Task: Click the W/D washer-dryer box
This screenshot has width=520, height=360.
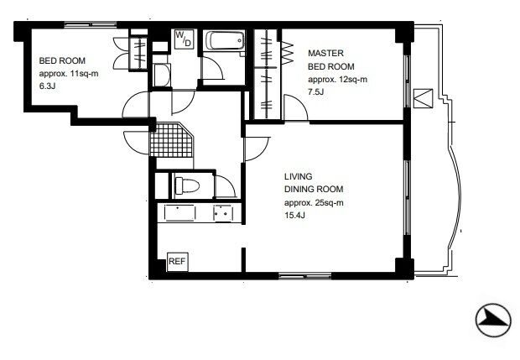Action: pos(184,39)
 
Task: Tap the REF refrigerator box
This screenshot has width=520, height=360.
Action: pos(178,262)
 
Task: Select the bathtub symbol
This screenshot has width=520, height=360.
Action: pos(225,40)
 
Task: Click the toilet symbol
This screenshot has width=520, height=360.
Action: pos(187,185)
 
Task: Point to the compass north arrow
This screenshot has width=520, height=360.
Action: pos(493,321)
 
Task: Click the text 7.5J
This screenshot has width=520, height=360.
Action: pos(315,92)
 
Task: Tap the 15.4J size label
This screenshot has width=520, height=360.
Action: pos(294,216)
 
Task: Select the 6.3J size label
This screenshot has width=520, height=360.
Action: pos(47,87)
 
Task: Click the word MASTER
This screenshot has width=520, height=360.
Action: pos(325,53)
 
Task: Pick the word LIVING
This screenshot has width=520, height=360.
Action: pos(298,176)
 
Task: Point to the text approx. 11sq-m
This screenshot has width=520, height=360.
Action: pos(69,74)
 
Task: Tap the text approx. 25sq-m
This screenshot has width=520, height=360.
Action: pos(314,203)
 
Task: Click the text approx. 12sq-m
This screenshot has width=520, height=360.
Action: pos(338,80)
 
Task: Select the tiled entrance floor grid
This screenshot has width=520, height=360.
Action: pos(171,139)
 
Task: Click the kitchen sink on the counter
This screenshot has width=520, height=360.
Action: pos(179,212)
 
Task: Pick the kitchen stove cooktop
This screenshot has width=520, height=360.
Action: pos(223,212)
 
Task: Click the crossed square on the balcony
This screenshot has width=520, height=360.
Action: pos(424,98)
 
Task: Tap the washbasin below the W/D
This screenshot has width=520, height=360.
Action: pos(162,76)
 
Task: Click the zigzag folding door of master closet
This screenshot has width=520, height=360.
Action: pos(288,52)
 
